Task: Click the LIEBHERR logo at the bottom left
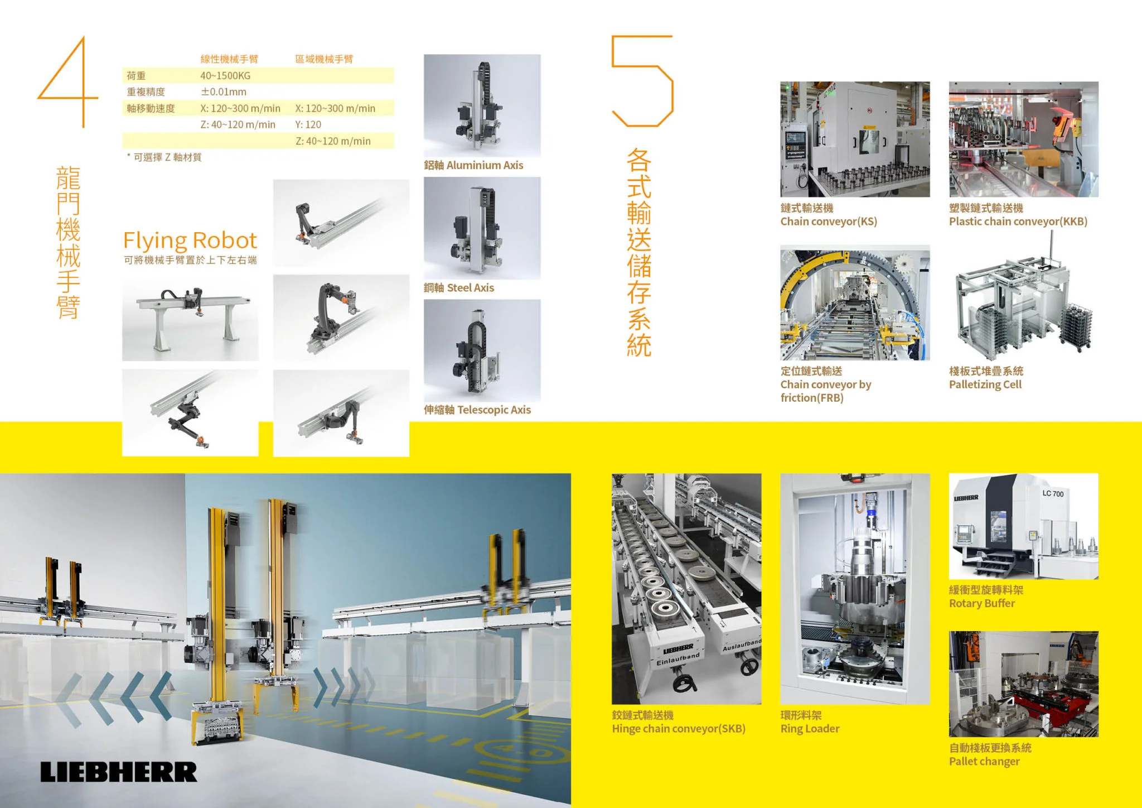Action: pos(119,772)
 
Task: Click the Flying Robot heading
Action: pos(190,241)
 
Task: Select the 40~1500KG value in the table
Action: pos(225,75)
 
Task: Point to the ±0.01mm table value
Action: pos(223,92)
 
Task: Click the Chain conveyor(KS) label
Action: pos(829,222)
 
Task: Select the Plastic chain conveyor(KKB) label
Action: pos(1018,222)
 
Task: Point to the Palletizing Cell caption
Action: pos(985,384)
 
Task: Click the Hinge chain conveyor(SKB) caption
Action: pos(679,729)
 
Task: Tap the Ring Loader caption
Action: pos(810,729)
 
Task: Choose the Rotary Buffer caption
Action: pos(982,603)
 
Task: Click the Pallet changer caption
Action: pos(984,762)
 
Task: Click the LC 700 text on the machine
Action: pos(1053,494)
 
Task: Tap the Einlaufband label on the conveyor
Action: pos(678,659)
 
